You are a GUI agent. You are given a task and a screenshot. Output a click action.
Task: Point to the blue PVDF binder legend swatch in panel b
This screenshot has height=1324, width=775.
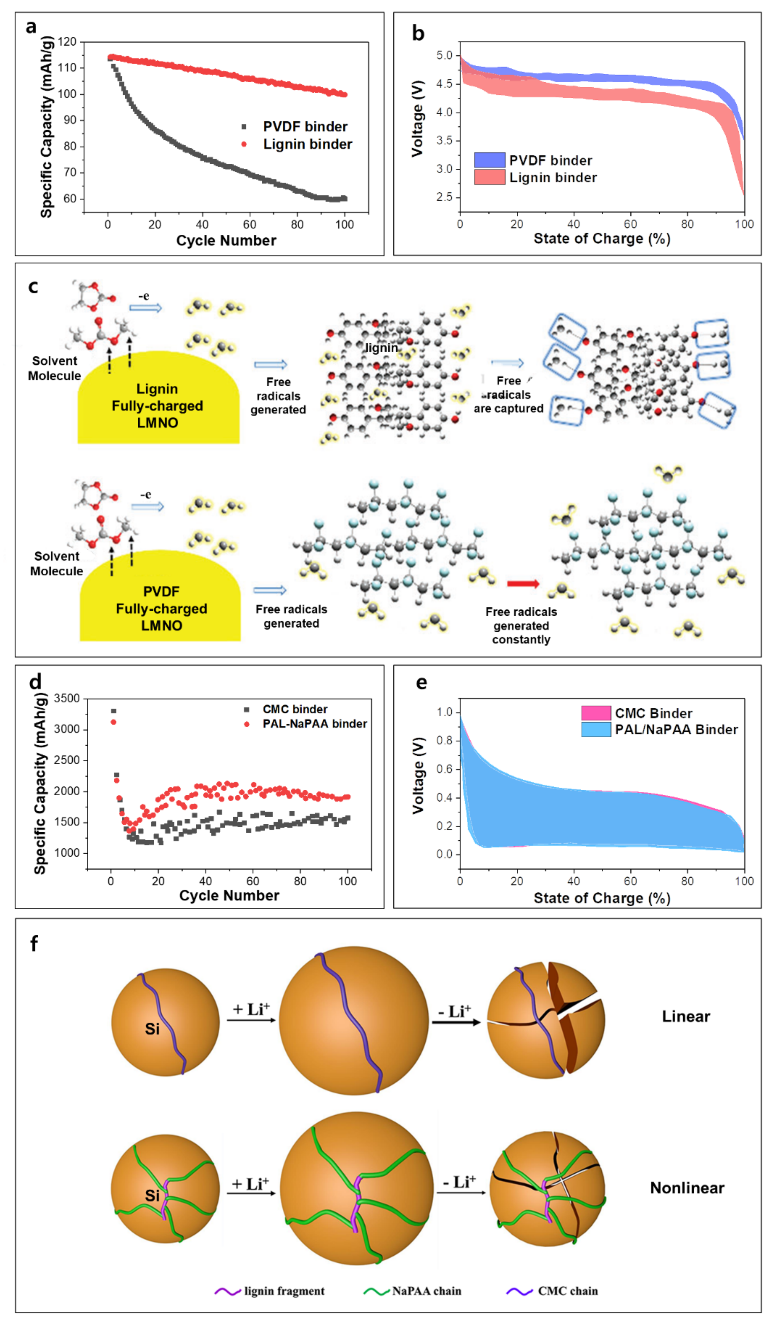click(x=489, y=160)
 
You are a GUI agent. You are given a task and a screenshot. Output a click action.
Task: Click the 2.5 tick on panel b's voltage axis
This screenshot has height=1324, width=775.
click(x=444, y=197)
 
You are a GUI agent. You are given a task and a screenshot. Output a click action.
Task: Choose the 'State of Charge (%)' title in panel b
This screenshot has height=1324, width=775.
click(x=602, y=239)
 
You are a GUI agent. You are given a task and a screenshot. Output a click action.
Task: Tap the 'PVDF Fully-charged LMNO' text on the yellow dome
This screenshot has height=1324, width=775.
click(x=161, y=608)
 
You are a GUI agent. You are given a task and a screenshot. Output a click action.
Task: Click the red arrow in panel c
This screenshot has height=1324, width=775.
click(x=523, y=584)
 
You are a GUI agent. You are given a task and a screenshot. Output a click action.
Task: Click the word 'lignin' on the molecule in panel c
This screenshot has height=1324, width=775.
click(x=381, y=348)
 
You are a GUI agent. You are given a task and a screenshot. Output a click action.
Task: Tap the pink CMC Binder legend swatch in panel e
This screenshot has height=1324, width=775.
click(x=595, y=713)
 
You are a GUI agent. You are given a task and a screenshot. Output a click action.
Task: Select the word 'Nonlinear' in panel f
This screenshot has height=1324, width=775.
click(x=687, y=1188)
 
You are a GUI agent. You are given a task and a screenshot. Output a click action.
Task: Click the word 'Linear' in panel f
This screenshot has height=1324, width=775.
click(x=686, y=1017)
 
